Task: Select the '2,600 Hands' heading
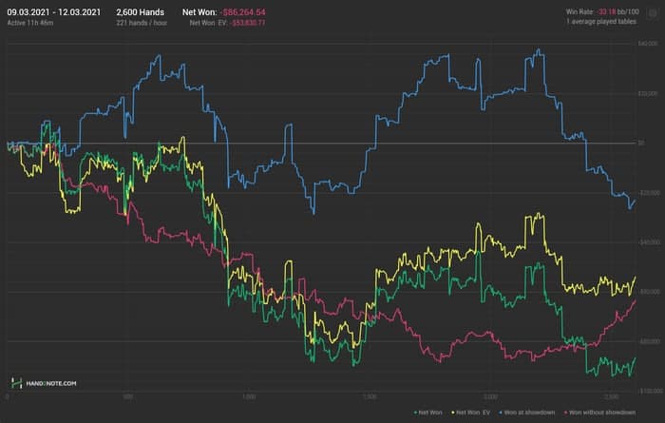coord(141,10)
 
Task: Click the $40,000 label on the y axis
coord(648,45)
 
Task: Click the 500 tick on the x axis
coord(128,396)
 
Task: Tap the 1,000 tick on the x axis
coord(249,396)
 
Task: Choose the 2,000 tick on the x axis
coord(489,396)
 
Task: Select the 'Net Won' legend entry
coord(430,412)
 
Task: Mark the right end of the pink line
coord(635,299)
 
